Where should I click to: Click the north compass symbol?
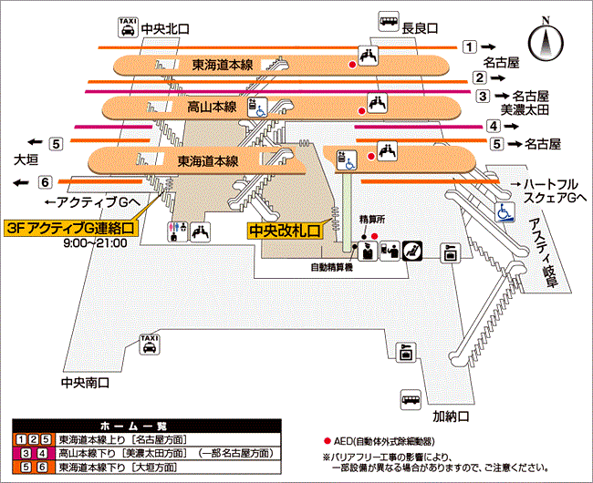(x=546, y=40)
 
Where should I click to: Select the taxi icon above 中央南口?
(x=147, y=344)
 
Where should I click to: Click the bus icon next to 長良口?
(x=388, y=23)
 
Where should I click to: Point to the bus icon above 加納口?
(x=411, y=400)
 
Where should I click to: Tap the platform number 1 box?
(x=469, y=46)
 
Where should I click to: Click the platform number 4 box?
(x=493, y=126)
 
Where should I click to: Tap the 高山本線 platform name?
(x=212, y=108)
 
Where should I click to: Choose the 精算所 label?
(x=373, y=220)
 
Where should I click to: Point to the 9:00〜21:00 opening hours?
(x=95, y=243)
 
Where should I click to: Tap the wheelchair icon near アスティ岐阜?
(x=504, y=211)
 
